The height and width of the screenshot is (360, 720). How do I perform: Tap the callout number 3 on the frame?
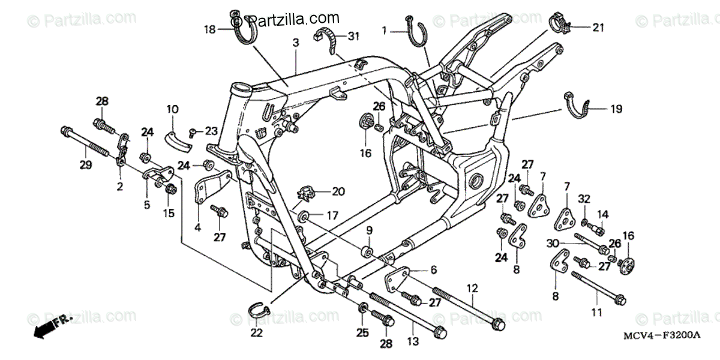pyautogui.click(x=296, y=43)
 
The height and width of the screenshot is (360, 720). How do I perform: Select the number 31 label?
pyautogui.click(x=353, y=36)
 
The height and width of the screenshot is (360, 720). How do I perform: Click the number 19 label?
pyautogui.click(x=599, y=109)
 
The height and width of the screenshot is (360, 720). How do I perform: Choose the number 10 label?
pyautogui.click(x=155, y=109)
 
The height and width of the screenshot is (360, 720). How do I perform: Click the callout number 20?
pyautogui.click(x=338, y=191)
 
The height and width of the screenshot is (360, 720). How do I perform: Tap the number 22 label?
pyautogui.click(x=256, y=332)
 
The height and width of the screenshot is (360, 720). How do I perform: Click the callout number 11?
pyautogui.click(x=596, y=312)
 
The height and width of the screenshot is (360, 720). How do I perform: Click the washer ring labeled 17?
pyautogui.click(x=304, y=215)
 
